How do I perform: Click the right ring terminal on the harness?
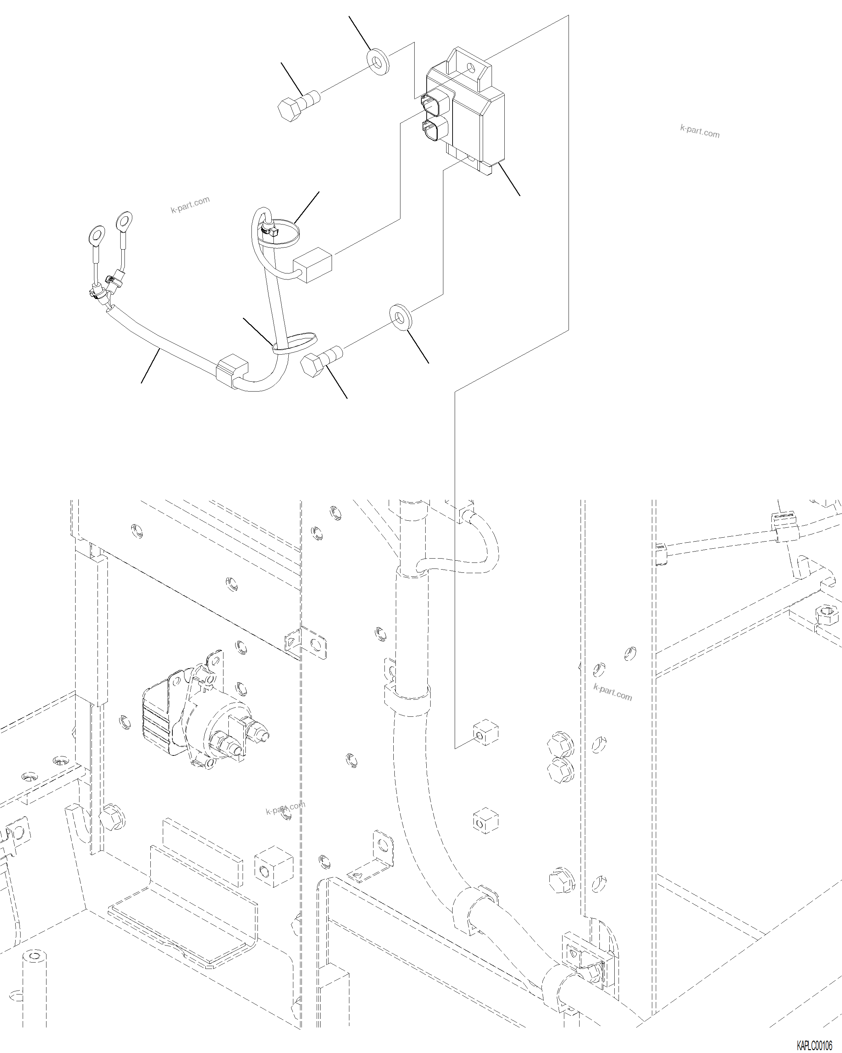pyautogui.click(x=124, y=220)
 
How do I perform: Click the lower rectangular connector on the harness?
pyautogui.click(x=232, y=370)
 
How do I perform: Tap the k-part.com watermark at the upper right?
pyautogui.click(x=699, y=131)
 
